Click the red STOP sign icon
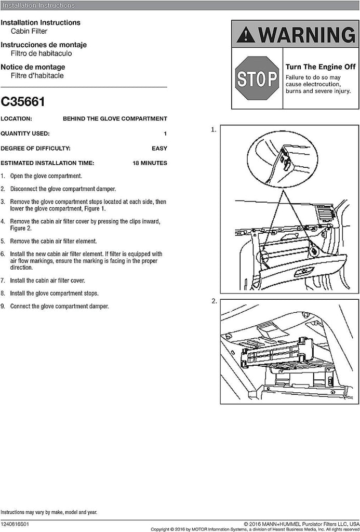point(257,78)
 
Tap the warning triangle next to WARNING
point(246,35)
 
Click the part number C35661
point(22,100)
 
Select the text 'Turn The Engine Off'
point(321,67)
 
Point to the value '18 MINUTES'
point(150,163)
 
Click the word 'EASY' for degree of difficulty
point(159,148)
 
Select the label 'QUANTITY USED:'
point(25,134)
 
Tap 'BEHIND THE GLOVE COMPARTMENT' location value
point(115,118)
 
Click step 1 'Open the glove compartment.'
point(46,176)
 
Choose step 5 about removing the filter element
point(53,241)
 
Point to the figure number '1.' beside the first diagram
point(214,130)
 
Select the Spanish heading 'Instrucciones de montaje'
point(44,45)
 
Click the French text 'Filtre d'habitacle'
point(37,75)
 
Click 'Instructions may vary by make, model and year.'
point(48,512)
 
